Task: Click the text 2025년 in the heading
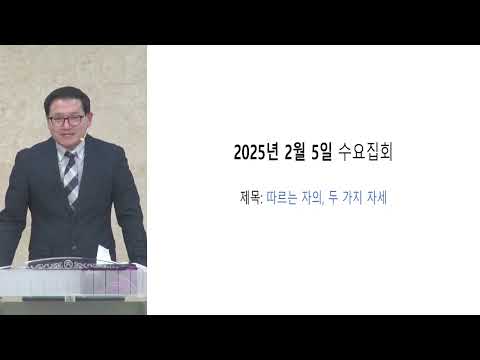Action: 256,153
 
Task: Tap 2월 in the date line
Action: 295,153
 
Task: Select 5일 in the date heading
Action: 321,153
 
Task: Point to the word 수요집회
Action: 365,153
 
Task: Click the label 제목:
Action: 251,198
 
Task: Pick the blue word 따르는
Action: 282,198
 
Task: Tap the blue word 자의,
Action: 312,198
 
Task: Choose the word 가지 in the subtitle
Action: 352,198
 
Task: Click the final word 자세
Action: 377,198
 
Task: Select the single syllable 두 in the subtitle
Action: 333,198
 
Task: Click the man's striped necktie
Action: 71,177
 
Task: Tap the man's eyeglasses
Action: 66,120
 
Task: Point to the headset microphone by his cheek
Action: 84,139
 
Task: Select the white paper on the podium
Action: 104,253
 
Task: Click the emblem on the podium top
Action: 68,264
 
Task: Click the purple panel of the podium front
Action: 113,283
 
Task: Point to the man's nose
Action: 67,127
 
